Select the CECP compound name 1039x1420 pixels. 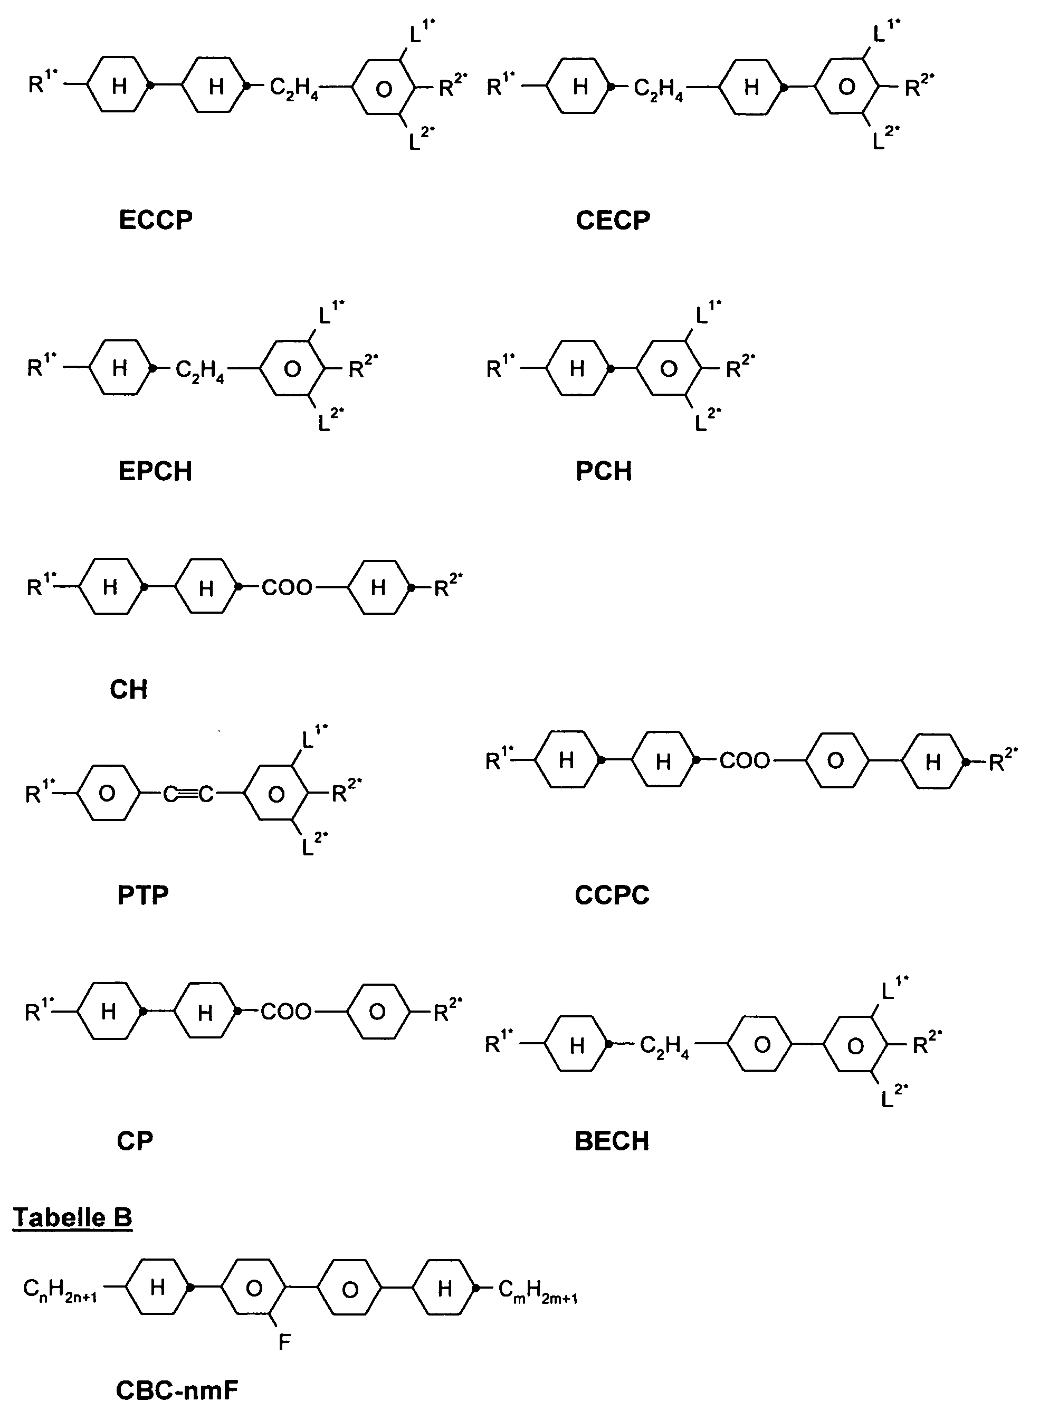(x=613, y=221)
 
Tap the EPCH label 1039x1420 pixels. (x=155, y=471)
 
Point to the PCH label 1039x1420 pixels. (x=604, y=471)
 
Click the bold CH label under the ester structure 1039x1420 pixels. (x=128, y=690)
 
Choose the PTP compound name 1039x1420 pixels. (x=143, y=895)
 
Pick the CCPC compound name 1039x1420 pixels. (x=612, y=895)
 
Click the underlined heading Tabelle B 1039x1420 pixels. (x=72, y=1217)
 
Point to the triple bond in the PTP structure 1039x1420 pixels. (x=189, y=795)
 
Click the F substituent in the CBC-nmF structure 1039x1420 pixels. (x=284, y=1342)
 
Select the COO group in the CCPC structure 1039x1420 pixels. (x=745, y=761)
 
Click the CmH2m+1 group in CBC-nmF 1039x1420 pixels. (x=538, y=1289)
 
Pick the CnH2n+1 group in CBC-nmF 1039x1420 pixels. (x=60, y=1289)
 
